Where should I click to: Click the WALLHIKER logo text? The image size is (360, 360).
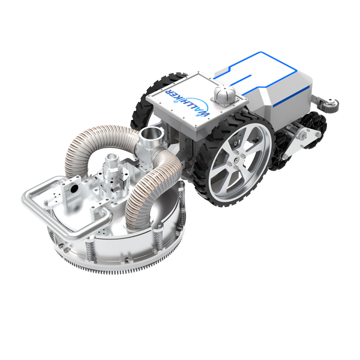coord(187,103)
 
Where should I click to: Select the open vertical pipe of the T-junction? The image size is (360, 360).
coord(151,137)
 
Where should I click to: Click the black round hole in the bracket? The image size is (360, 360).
coord(74,190)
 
